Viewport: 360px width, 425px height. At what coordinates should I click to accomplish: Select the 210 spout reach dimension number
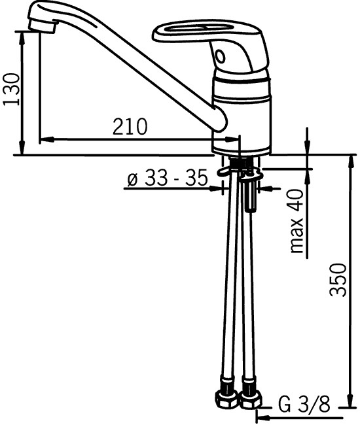[130, 126]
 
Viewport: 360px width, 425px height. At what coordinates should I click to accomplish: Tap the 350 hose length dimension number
[337, 279]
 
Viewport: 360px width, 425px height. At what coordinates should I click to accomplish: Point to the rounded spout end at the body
[220, 121]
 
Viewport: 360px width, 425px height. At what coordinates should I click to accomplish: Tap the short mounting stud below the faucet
[249, 196]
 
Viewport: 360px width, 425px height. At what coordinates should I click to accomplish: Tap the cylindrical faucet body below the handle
[242, 114]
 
